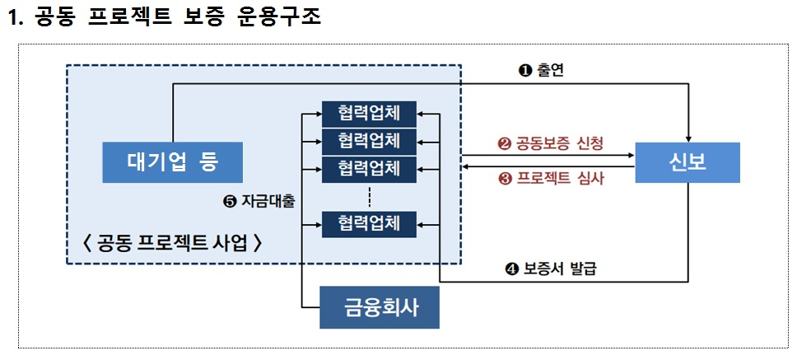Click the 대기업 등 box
coord(172,162)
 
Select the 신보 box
coord(687,162)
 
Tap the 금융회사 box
coord(380,307)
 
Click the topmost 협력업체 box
coord(369,114)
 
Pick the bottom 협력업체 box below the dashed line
coord(369,224)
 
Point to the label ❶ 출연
coord(541,71)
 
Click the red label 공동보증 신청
coord(559,143)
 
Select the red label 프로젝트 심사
coord(559,179)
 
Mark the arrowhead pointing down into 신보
coord(688,139)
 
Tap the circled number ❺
coord(230,202)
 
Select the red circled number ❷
coord(504,144)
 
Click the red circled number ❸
coord(504,179)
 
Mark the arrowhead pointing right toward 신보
coord(632,155)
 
